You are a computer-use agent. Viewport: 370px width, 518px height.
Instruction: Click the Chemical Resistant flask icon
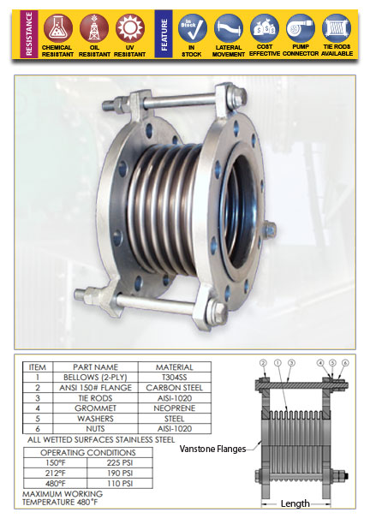tap(57, 27)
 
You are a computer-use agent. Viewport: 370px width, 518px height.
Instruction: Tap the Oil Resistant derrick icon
tap(93, 27)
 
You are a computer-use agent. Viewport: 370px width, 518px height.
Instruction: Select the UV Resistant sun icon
tap(130, 27)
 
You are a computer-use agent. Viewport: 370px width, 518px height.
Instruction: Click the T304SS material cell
tap(175, 376)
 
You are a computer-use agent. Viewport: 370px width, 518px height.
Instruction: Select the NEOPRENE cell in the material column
tap(175, 408)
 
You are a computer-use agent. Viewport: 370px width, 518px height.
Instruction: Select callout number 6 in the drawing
tap(344, 363)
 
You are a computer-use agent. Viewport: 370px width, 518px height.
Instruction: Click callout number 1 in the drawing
tap(278, 363)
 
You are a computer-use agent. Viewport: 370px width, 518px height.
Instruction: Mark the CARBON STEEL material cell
tap(175, 386)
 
